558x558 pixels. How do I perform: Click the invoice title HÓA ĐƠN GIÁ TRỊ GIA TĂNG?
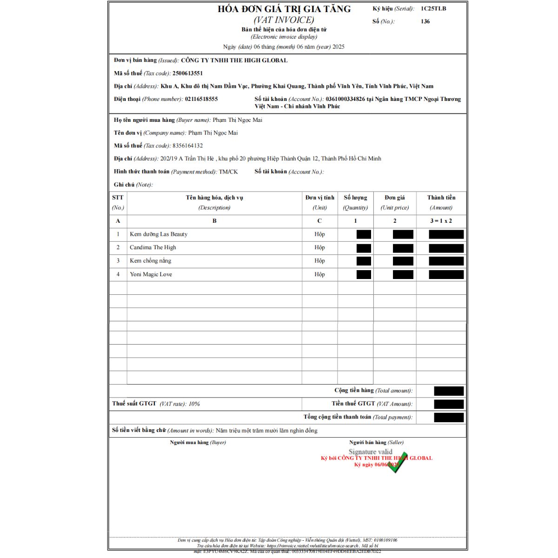(284, 9)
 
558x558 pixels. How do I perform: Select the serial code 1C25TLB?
(433, 8)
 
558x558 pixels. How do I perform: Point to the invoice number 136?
(425, 21)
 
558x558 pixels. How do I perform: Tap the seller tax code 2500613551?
(187, 73)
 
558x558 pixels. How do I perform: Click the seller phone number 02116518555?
(201, 99)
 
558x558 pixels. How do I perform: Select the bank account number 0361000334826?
(345, 99)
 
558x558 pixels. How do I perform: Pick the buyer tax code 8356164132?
(187, 146)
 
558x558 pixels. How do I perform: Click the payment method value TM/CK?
(228, 172)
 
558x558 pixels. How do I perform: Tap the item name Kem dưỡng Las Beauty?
(159, 234)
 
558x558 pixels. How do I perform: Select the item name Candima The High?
(153, 247)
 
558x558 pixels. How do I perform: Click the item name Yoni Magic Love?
(151, 274)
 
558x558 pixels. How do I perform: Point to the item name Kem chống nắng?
(151, 261)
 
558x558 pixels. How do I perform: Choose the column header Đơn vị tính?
(319, 198)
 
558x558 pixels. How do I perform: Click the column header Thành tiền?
(441, 198)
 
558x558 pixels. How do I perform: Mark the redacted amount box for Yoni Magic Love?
(446, 274)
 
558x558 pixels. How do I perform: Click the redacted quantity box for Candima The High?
(364, 248)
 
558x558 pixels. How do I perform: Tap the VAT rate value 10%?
(194, 404)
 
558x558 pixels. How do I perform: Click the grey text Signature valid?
(370, 452)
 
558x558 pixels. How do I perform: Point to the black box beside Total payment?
(449, 418)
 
